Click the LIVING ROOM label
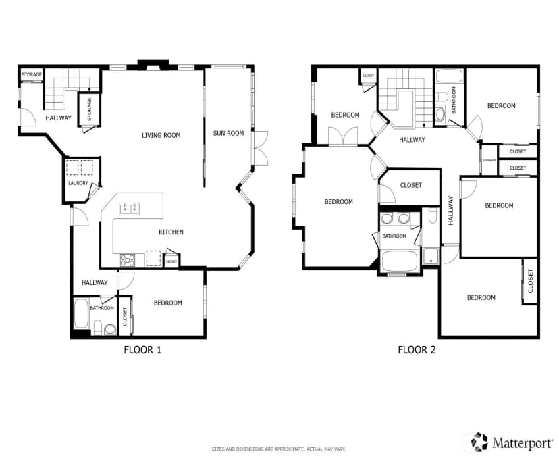[x=161, y=135]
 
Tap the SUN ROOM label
[x=228, y=133]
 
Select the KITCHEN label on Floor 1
[x=171, y=232]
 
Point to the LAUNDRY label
[x=78, y=183]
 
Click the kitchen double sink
[x=130, y=208]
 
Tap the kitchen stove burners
[x=128, y=260]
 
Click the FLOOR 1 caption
[x=142, y=349]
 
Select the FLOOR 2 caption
[x=417, y=349]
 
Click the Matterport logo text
[x=523, y=443]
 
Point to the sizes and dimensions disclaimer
[x=279, y=449]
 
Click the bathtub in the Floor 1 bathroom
[x=81, y=313]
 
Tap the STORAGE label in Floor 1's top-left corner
[x=32, y=74]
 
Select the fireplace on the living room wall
[x=153, y=65]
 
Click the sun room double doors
[x=261, y=148]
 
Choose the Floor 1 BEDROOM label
[x=168, y=303]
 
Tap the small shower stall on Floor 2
[x=431, y=256]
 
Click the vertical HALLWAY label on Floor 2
[x=450, y=211]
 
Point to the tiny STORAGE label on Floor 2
[x=489, y=160]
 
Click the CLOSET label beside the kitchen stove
[x=171, y=262]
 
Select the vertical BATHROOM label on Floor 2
[x=454, y=100]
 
